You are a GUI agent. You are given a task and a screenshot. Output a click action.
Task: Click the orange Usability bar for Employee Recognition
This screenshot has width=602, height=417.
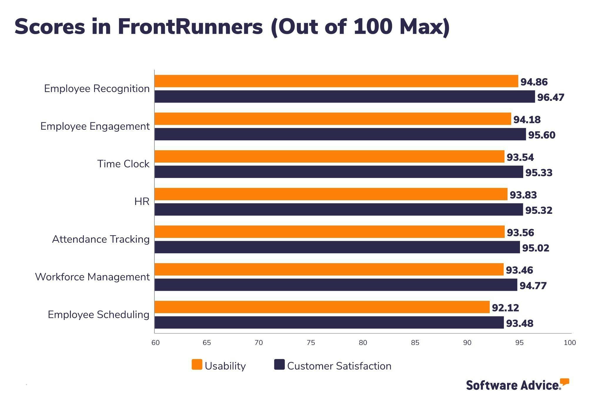point(336,81)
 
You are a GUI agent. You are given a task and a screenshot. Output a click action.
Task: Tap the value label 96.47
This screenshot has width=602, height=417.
point(551,97)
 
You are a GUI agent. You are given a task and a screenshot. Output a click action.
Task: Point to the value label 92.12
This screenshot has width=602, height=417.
point(505,308)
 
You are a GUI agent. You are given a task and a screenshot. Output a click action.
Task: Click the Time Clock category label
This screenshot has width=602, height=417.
point(123,164)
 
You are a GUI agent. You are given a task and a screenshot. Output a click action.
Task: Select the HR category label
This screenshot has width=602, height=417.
point(142,201)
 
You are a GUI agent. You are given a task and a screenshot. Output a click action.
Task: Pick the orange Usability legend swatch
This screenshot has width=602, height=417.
point(197,365)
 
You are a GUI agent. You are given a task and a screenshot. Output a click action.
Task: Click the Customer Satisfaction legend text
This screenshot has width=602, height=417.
point(339,366)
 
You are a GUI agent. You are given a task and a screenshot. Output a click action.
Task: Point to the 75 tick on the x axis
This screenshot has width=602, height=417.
point(311,343)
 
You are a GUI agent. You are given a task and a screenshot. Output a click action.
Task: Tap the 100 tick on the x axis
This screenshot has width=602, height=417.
point(570,343)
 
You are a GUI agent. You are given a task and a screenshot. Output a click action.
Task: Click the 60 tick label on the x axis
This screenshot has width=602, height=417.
point(155,343)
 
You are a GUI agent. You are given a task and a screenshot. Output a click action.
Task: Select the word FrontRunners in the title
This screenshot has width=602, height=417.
point(190,26)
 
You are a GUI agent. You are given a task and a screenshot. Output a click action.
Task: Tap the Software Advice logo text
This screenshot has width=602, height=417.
point(513,385)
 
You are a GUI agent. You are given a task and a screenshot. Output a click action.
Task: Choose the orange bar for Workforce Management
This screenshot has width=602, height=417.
point(329,269)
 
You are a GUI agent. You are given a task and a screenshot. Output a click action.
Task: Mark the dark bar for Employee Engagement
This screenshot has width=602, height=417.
point(340,134)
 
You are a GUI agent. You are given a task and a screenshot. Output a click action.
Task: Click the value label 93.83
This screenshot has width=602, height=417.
point(523,195)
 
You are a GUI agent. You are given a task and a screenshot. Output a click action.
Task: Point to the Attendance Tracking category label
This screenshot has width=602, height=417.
point(101,239)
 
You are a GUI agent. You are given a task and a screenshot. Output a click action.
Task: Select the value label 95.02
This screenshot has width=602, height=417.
point(535,248)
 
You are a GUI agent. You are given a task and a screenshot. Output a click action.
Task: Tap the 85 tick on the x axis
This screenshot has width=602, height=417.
point(415,343)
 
